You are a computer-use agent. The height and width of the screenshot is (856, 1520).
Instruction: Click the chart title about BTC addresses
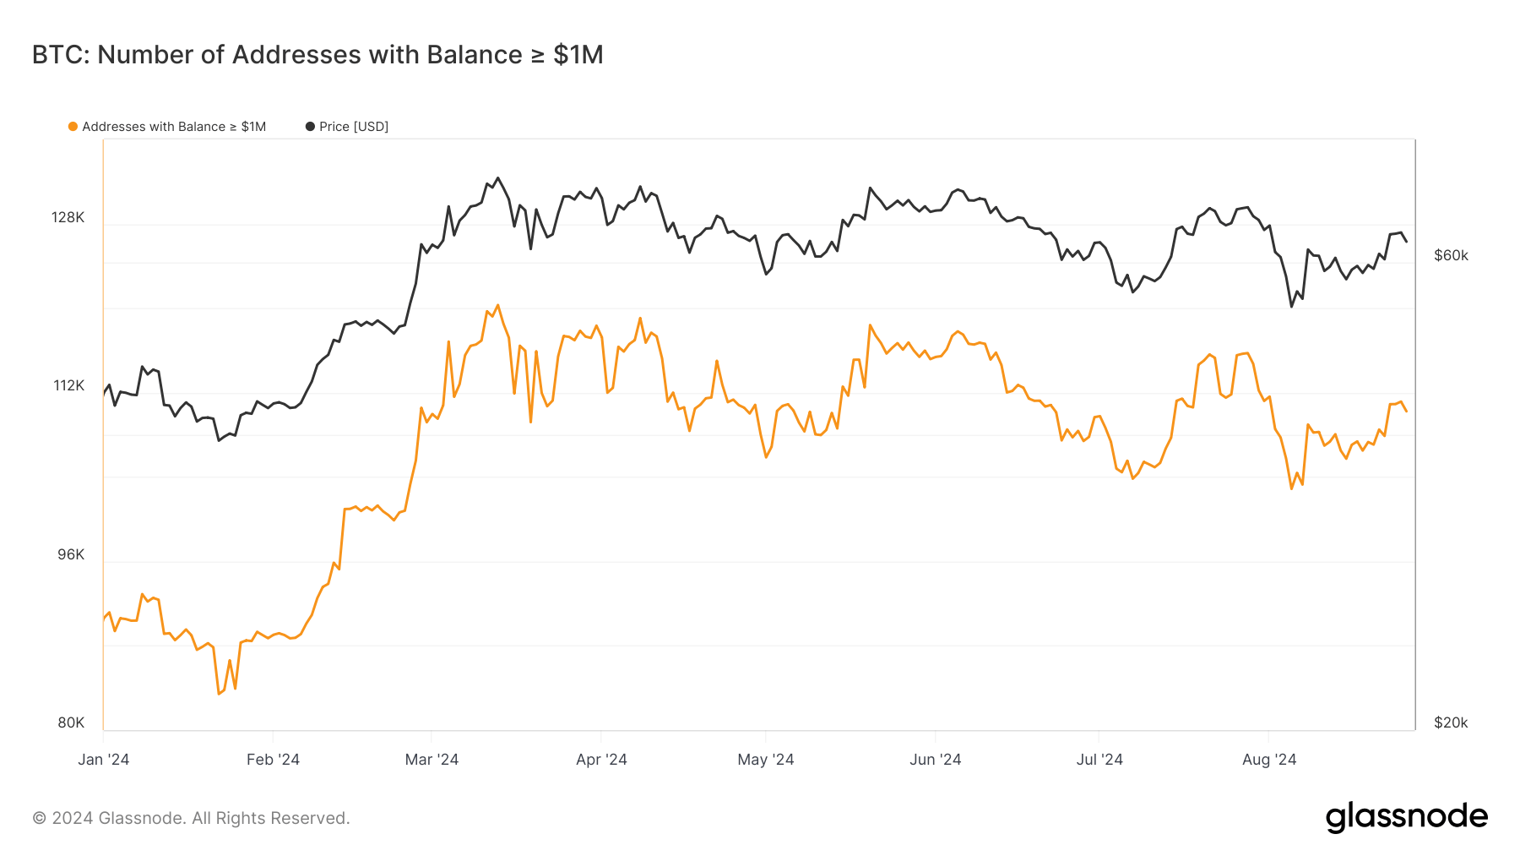coord(318,55)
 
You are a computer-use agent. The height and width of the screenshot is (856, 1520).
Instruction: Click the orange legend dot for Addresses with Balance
coord(73,127)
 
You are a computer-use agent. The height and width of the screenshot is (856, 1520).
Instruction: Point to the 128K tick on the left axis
coord(68,217)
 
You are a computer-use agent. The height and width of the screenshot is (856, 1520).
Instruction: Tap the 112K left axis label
coord(69,385)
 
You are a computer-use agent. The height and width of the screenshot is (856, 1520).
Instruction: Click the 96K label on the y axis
coord(71,554)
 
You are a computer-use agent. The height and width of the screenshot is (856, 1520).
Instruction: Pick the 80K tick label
coord(71,722)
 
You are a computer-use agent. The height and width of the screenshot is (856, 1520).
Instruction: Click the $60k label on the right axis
coord(1451,255)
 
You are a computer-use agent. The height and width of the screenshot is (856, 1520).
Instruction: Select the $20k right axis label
coord(1451,722)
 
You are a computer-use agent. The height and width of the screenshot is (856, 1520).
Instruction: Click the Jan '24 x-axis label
coord(104,759)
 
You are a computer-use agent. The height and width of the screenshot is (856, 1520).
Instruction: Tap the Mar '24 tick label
coord(432,759)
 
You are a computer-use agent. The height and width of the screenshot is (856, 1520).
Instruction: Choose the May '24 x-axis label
coord(765,759)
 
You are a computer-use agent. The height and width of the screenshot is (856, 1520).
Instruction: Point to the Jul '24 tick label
coord(1099,759)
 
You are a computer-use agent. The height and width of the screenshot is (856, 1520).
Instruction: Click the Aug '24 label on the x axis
coord(1269,759)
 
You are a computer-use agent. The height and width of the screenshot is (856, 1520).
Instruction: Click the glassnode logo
coord(1406,817)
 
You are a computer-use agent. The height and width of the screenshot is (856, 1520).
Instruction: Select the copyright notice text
coord(191,818)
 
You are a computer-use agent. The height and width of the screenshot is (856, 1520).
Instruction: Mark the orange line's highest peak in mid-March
coord(498,305)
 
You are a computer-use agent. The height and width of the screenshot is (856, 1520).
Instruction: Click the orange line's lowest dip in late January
coord(219,694)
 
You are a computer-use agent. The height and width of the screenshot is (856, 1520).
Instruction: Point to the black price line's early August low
coord(1291,306)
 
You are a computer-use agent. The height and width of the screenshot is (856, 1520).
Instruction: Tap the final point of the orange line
coord(1406,411)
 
